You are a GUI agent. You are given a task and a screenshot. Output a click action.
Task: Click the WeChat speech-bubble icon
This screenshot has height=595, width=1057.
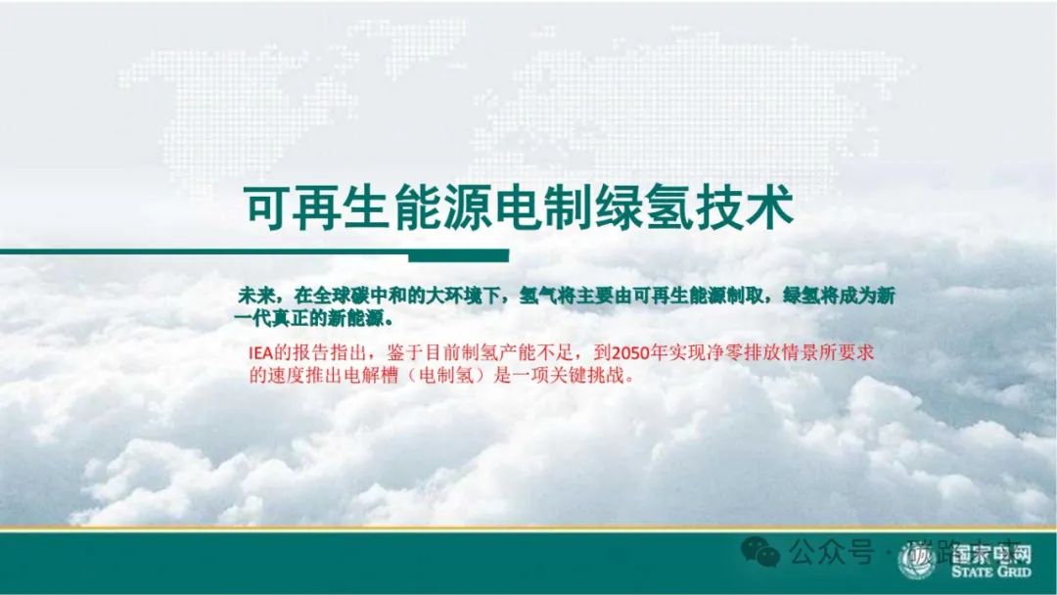pos(760,555)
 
